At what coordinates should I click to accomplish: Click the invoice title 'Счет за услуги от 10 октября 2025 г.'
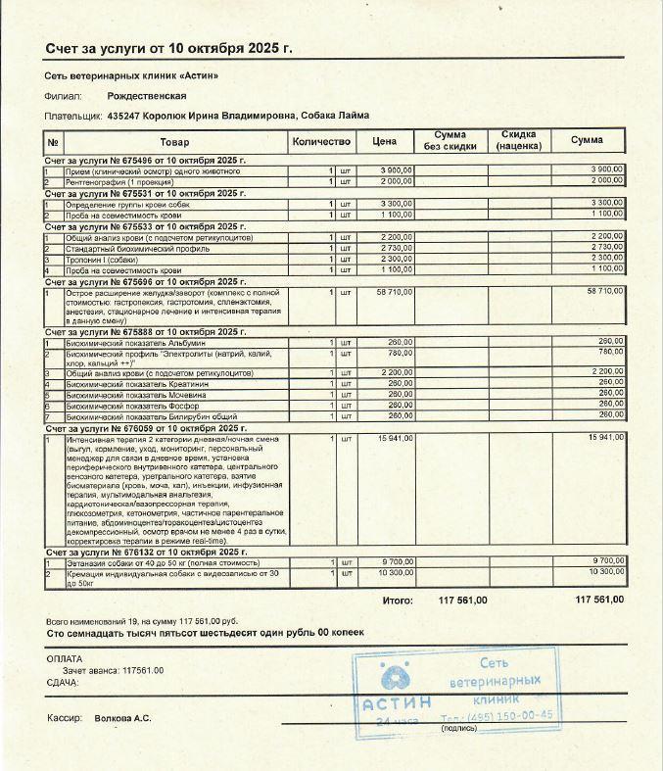click(168, 49)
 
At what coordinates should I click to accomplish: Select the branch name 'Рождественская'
click(147, 96)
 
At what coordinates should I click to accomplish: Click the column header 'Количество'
click(320, 142)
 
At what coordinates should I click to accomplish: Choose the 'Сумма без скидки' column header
click(450, 141)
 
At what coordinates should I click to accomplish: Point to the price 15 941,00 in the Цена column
click(395, 438)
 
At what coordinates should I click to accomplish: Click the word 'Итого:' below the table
click(398, 600)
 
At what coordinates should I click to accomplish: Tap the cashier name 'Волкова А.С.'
click(122, 718)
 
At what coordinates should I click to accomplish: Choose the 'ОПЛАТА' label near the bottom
click(66, 658)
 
